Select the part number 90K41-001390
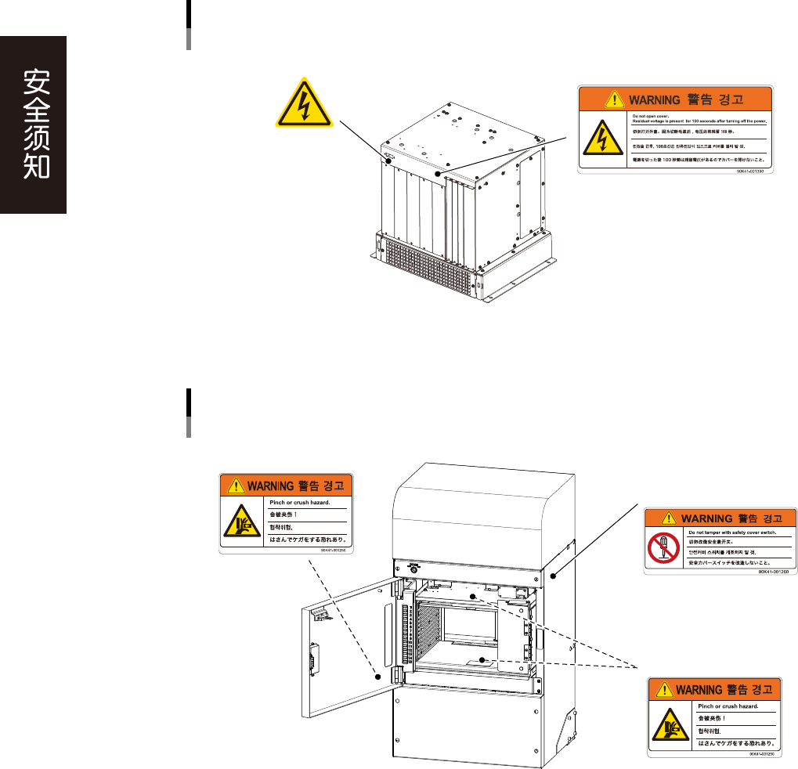point(753,171)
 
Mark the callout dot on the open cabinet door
point(377,676)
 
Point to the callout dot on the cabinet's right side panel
point(553,576)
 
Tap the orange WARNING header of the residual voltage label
point(674,99)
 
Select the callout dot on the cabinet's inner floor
point(482,661)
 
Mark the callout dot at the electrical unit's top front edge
point(438,173)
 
